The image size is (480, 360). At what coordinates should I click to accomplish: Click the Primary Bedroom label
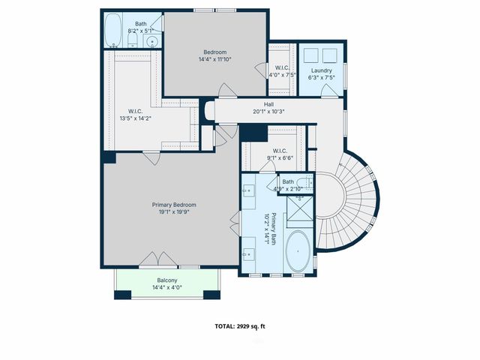[x=174, y=205]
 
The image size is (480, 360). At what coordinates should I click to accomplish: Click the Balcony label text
[x=167, y=280]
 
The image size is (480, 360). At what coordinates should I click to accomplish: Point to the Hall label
[x=268, y=104]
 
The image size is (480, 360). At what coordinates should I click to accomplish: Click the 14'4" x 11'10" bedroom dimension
[x=214, y=59]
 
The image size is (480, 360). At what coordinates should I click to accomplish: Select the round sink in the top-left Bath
[x=151, y=41]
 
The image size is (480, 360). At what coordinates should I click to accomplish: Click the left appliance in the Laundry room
[x=311, y=55]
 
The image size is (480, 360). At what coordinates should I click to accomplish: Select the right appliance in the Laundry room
[x=330, y=55]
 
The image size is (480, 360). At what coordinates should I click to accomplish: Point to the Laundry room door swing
[x=328, y=90]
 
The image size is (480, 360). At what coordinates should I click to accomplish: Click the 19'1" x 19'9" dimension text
[x=174, y=212]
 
